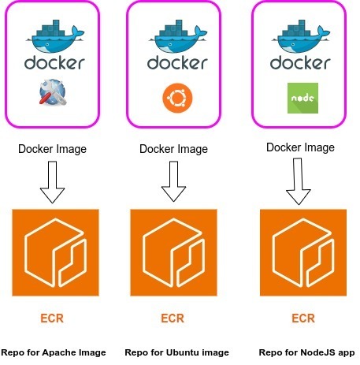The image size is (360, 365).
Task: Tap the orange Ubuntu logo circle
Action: (174, 98)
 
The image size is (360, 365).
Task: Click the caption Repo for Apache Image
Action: (54, 352)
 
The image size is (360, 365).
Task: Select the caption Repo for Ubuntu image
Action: (176, 352)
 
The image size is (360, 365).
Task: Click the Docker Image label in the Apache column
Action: (53, 148)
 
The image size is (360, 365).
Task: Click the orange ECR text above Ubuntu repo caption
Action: (173, 319)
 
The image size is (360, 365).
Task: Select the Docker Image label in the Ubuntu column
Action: (174, 148)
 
